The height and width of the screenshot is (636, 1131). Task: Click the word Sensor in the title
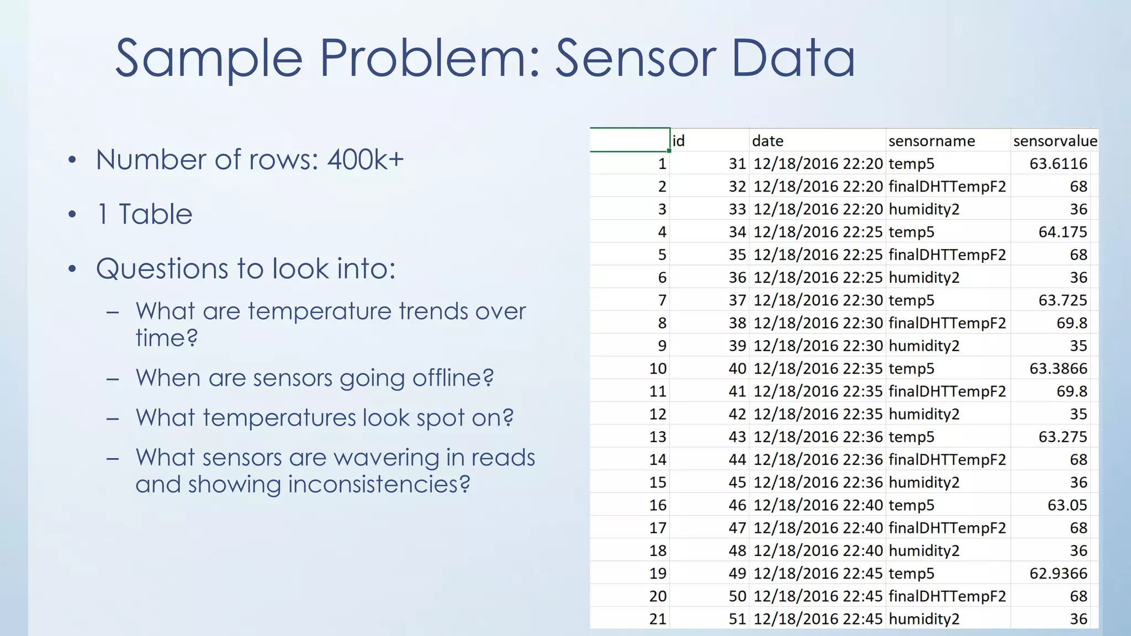(x=635, y=59)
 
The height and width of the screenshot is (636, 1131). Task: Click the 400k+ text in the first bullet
(x=366, y=160)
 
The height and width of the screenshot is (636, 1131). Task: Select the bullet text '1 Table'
(x=145, y=214)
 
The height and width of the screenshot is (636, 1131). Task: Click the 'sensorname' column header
(x=932, y=141)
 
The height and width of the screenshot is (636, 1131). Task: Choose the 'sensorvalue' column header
(x=1055, y=141)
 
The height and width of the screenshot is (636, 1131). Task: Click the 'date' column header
(x=768, y=141)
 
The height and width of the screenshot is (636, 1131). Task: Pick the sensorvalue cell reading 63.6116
(x=1058, y=163)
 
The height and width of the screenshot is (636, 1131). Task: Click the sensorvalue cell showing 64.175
(x=1063, y=232)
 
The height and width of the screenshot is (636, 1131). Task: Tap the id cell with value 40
(x=737, y=368)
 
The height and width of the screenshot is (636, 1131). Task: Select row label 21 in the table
(x=658, y=619)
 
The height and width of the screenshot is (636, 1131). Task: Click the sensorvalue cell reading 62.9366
(x=1058, y=574)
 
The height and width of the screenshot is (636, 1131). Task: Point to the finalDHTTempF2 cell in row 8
(x=947, y=323)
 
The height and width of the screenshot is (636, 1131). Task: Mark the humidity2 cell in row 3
(x=924, y=209)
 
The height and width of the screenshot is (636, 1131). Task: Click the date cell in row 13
(x=818, y=437)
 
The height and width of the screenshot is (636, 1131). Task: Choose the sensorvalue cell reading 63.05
(x=1067, y=505)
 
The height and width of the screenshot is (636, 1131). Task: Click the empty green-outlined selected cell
(x=630, y=140)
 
